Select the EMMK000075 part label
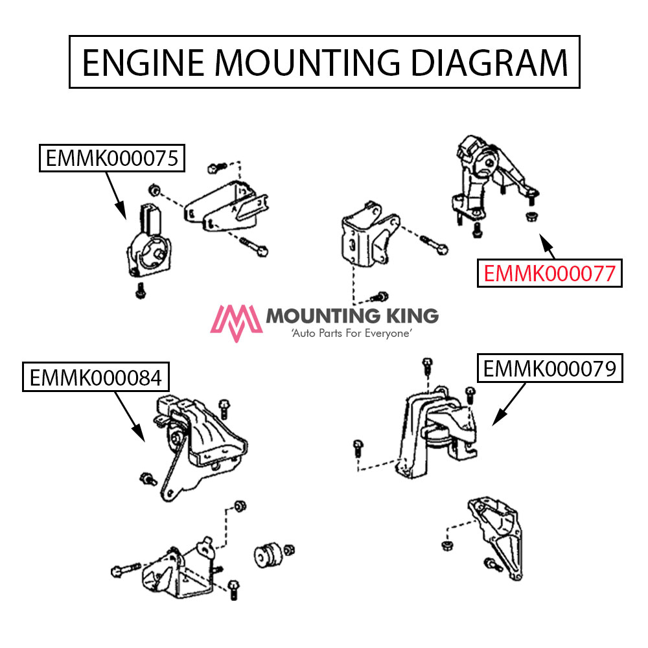pyautogui.click(x=112, y=158)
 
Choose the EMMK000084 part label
pyautogui.click(x=95, y=377)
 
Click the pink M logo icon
pyautogui.click(x=237, y=322)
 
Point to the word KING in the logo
pyautogui.click(x=409, y=316)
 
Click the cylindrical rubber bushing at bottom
pyautogui.click(x=265, y=553)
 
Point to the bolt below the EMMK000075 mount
pyautogui.click(x=139, y=291)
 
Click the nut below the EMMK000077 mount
pyautogui.click(x=531, y=215)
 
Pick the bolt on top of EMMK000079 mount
pyautogui.click(x=426, y=367)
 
